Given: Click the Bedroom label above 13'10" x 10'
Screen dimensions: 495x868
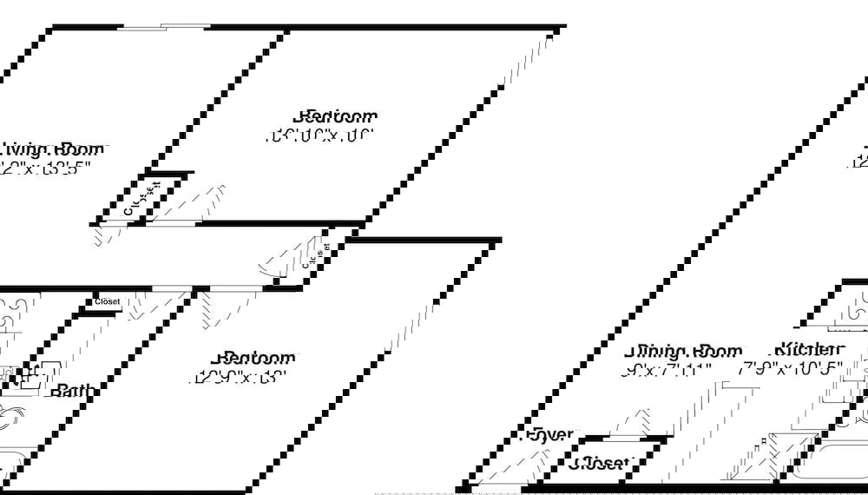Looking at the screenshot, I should click(336, 116).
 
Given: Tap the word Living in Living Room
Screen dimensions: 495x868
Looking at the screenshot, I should click(25, 149).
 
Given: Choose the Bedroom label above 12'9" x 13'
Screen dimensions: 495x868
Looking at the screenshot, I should click(255, 358).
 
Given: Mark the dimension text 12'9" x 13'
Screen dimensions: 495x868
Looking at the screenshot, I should click(239, 378).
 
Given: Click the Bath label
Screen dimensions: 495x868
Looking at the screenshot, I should click(70, 392).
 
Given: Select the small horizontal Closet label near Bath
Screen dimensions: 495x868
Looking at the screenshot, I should click(108, 302).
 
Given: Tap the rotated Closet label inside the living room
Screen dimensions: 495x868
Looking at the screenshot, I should click(142, 198).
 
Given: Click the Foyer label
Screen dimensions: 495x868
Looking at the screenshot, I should click(548, 434).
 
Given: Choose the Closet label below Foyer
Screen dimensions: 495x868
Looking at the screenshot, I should click(602, 464).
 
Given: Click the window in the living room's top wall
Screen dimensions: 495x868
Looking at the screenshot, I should click(164, 27).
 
